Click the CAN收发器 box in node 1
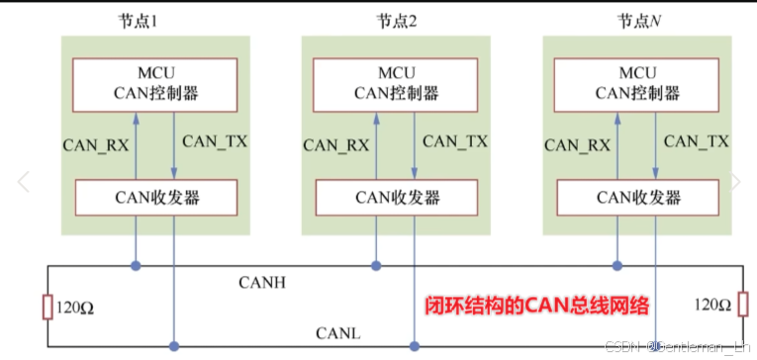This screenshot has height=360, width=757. [155, 198]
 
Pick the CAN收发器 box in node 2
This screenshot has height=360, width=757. [396, 198]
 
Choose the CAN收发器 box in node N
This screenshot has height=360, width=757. [636, 198]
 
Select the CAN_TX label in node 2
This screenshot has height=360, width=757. [454, 141]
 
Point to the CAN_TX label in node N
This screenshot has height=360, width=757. [696, 141]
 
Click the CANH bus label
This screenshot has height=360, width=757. [262, 283]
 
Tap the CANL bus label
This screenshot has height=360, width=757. [338, 334]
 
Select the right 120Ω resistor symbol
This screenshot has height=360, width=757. [741, 307]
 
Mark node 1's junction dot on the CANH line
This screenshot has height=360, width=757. [135, 266]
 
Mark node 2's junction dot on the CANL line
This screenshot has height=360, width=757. [415, 346]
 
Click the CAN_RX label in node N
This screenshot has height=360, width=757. [577, 144]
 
